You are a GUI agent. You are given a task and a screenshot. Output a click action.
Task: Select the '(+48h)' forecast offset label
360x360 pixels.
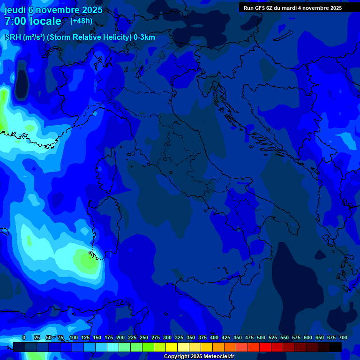coord(81,21)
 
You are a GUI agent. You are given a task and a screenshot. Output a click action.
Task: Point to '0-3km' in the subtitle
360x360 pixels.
coord(144,37)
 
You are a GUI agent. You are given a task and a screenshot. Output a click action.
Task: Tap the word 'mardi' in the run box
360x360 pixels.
coord(290,8)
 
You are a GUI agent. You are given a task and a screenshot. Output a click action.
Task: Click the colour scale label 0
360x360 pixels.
coord(24,338)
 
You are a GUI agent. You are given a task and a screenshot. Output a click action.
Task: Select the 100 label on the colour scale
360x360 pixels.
coord(74,338)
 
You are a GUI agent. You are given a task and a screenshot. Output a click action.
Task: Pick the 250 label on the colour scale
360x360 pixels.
coord(144,338)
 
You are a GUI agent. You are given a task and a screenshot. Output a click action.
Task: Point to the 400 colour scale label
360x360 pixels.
coord(214,338)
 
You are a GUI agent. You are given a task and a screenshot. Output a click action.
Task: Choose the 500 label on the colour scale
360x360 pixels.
coord(261,338)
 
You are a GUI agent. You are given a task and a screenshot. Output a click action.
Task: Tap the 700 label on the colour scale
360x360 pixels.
coord(343,338)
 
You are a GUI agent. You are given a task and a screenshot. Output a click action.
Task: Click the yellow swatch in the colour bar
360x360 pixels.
coord(172,347)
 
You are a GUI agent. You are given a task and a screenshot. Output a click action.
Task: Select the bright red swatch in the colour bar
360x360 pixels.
coord(265,347)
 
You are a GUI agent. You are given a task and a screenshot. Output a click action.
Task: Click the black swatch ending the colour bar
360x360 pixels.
coord(336,347)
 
